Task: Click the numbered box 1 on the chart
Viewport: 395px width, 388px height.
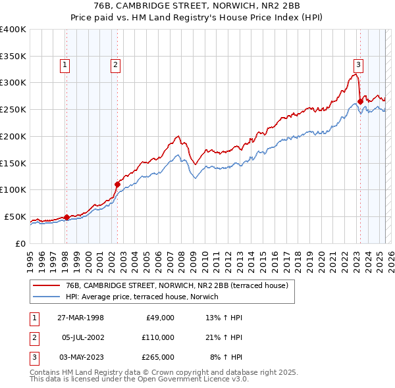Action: [66, 64]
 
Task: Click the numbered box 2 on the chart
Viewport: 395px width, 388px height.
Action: [115, 64]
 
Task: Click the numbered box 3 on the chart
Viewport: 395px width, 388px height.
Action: [358, 64]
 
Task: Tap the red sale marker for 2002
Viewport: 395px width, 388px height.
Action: [117, 184]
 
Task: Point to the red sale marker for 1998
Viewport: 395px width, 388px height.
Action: [66, 217]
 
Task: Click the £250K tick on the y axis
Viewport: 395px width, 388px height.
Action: [14, 110]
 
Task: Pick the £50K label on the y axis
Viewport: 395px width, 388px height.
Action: [16, 216]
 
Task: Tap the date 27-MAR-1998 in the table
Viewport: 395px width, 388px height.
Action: [80, 318]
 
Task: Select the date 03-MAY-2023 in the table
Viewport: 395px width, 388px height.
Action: [80, 357]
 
